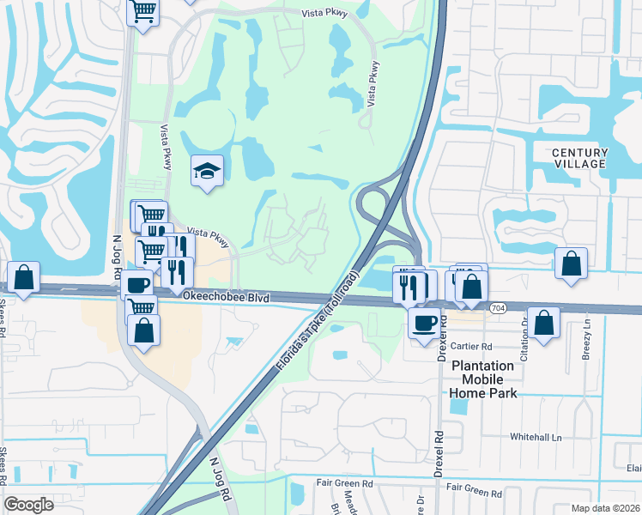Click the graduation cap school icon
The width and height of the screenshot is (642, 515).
coord(207,172)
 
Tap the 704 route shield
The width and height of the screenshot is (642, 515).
coord(498,306)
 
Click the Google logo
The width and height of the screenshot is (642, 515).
coord(29,504)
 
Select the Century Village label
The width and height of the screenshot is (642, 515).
coord(579,158)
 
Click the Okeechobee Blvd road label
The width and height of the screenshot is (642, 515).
coord(227,297)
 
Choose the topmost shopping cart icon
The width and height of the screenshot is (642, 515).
coord(143,12)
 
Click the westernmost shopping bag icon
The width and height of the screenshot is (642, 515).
coord(23,277)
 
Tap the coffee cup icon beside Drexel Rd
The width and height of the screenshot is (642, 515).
coord(424,323)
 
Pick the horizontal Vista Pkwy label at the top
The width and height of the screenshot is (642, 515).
coord(323,13)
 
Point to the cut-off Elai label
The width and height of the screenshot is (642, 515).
coord(633,468)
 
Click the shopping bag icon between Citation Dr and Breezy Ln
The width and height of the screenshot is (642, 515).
coord(543,324)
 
